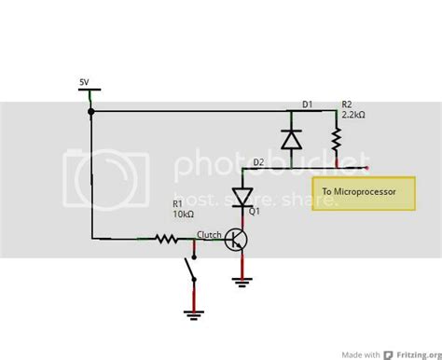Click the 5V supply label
[85, 82]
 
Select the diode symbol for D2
[244, 196]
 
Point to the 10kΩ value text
[184, 214]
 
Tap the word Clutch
[209, 234]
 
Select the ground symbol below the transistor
[245, 277]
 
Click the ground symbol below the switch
[194, 313]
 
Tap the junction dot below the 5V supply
[91, 112]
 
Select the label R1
[177, 202]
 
